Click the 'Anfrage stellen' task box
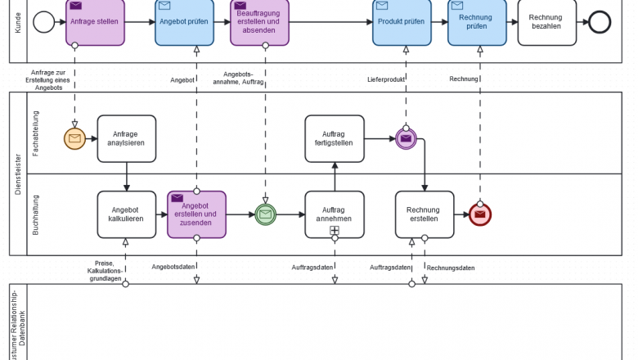click(95, 21)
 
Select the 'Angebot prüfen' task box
click(185, 21)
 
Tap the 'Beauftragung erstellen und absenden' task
click(258, 21)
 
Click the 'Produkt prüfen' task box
click(401, 21)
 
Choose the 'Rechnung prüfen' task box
click(476, 21)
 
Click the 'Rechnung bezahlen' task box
click(546, 21)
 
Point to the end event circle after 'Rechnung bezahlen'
click(600, 22)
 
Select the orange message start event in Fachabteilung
click(75, 139)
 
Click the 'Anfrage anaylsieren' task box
click(127, 139)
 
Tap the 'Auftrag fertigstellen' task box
click(335, 139)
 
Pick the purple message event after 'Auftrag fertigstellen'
click(406, 139)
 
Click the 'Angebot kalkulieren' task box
click(127, 214)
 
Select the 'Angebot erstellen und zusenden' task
click(196, 214)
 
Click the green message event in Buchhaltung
click(265, 214)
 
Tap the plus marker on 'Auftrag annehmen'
click(335, 231)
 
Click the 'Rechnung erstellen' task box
click(425, 214)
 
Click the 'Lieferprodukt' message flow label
click(383, 79)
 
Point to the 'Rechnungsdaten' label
click(451, 268)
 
